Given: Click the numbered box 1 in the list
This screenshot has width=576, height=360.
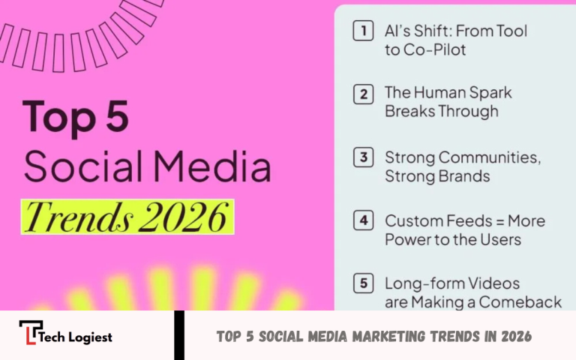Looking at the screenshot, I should click(364, 31).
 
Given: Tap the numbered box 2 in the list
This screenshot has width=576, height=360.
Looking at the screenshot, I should click(364, 94).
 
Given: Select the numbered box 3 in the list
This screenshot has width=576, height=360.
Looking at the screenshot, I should click(364, 158).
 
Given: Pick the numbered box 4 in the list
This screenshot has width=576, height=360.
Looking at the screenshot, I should click(364, 222).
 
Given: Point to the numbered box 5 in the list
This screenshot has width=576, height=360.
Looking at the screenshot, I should click(364, 284).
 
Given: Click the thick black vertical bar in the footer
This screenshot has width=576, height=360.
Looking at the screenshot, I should click(179, 335).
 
